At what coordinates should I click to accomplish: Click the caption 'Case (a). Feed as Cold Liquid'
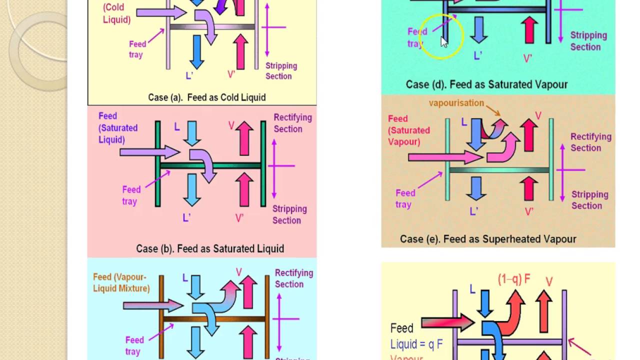[x=206, y=97]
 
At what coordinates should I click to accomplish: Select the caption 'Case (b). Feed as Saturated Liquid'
[x=210, y=248]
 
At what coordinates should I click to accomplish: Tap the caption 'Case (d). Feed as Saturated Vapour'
[x=486, y=84]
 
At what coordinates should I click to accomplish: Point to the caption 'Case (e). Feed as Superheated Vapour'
[x=488, y=239]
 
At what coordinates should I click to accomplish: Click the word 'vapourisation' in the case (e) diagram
[x=456, y=103]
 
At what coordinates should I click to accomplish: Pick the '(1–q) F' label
[x=514, y=280]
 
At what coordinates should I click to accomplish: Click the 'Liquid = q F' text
[x=416, y=344]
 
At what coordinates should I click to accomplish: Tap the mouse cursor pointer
[x=444, y=42]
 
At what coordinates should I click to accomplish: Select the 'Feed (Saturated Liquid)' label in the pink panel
[x=118, y=128]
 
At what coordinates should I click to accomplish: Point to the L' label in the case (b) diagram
[x=187, y=217]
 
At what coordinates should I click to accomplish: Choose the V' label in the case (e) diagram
[x=529, y=211]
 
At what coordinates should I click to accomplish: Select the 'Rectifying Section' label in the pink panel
[x=292, y=123]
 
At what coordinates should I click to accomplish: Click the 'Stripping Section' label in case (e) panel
[x=589, y=200]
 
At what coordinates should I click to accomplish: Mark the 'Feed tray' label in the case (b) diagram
[x=131, y=195]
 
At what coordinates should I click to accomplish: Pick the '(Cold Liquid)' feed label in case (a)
[x=116, y=14]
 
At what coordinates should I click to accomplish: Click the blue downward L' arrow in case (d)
[x=479, y=29]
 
